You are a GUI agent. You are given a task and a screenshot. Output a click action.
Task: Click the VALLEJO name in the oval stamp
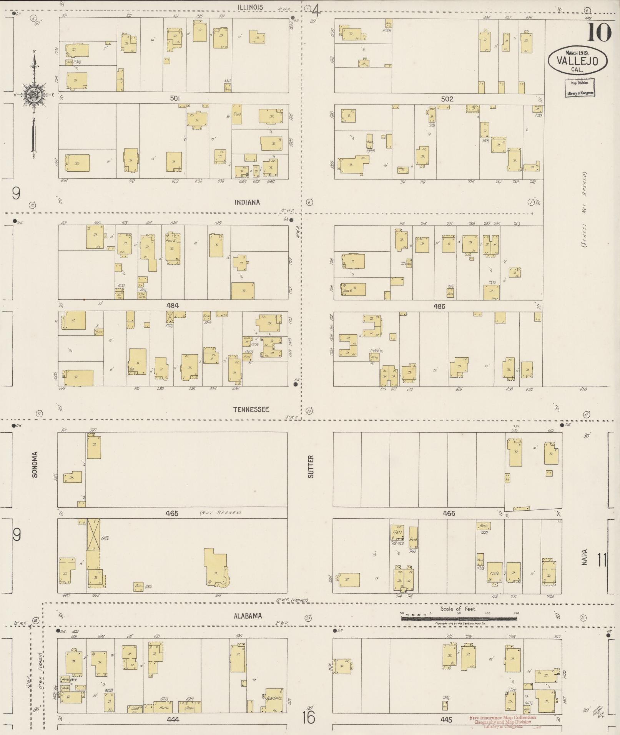click(x=578, y=61)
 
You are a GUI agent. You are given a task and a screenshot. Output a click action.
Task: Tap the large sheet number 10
click(x=598, y=33)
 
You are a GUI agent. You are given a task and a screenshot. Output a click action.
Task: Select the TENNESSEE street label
click(x=251, y=409)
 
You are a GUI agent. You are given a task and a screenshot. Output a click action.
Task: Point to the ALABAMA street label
click(x=248, y=616)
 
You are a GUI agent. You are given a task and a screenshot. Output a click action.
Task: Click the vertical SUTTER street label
click(x=311, y=466)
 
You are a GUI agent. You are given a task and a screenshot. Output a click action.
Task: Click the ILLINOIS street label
click(x=250, y=7)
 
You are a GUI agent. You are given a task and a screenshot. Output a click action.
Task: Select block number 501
click(x=175, y=98)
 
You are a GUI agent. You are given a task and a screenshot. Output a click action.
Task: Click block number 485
click(x=439, y=306)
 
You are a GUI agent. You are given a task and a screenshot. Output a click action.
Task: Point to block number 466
click(x=449, y=513)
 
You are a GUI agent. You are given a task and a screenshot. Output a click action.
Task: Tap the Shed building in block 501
click(x=237, y=114)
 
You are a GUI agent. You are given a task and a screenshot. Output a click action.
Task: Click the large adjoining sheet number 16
click(x=309, y=717)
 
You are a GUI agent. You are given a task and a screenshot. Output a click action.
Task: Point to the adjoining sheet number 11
click(x=602, y=559)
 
